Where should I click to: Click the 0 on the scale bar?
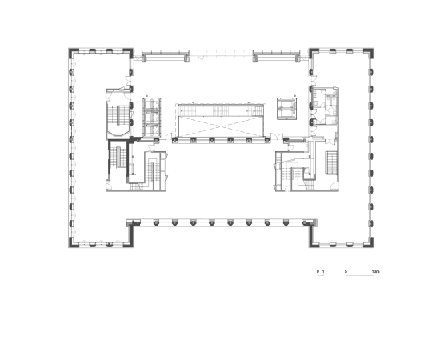(x=318, y=271)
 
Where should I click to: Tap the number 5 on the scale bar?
(x=346, y=271)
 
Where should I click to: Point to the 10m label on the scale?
(x=375, y=271)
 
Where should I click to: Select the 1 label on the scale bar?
(x=323, y=271)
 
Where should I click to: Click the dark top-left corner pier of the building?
(x=72, y=51)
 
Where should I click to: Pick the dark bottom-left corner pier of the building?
(x=72, y=244)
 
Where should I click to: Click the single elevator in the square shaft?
(x=286, y=109)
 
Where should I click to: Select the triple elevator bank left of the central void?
(x=152, y=118)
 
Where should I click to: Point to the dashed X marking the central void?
(x=222, y=126)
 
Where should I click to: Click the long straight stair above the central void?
(x=221, y=110)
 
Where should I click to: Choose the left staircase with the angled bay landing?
(x=118, y=119)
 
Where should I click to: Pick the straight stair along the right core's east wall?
(x=331, y=163)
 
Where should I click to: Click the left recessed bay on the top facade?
(x=166, y=56)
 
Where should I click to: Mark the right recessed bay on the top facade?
(x=276, y=56)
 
